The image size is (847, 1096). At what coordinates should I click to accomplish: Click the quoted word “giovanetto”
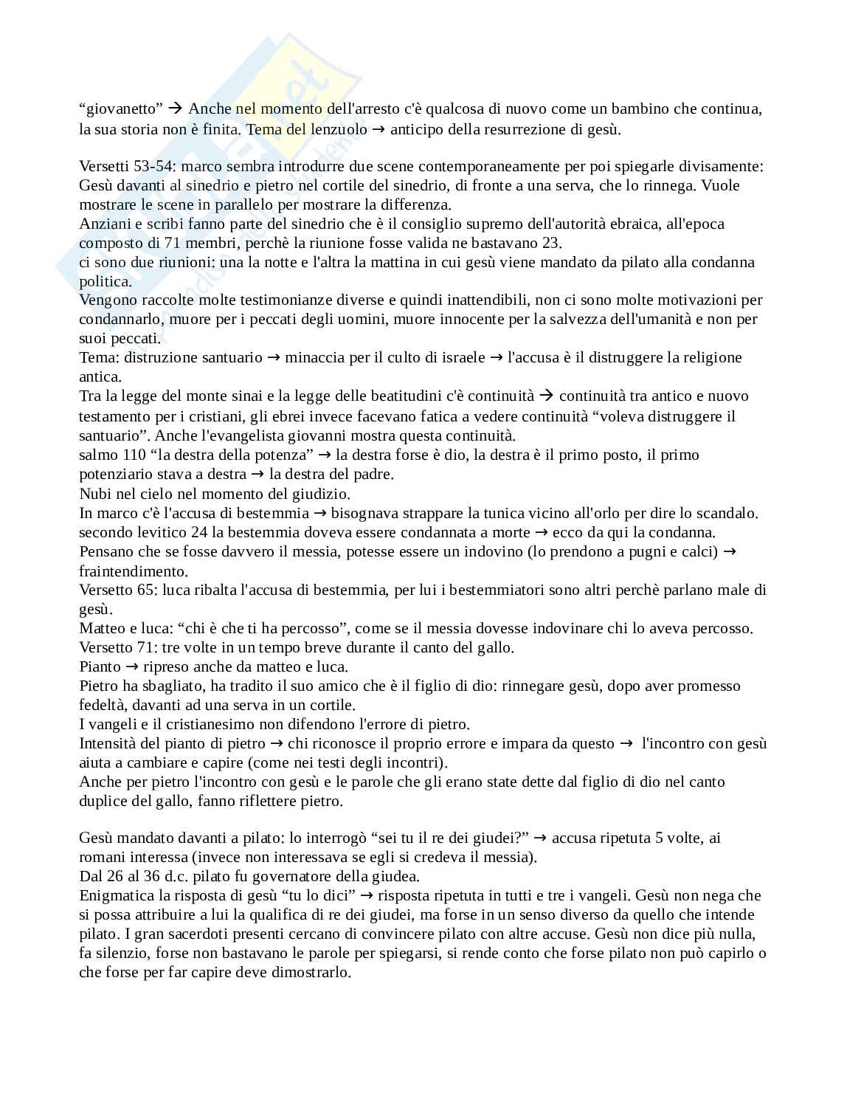121,109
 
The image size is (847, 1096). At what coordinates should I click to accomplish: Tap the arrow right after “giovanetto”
175,109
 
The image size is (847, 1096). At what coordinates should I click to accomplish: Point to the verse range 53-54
153,167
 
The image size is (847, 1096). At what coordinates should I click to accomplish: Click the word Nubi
93,493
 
